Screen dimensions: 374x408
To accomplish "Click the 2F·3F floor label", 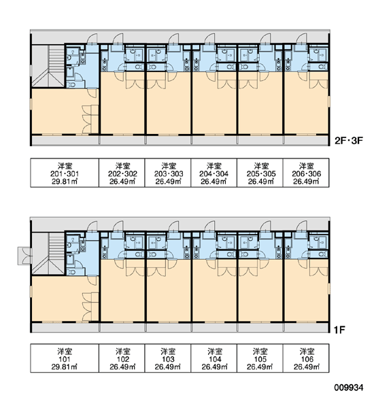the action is coord(348,141).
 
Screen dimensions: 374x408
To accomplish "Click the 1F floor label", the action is coord(339,330).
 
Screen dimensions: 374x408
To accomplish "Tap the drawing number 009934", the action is coord(348,388).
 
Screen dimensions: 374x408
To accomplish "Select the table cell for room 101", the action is coord(65,358).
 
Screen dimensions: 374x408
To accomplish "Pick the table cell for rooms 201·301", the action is coord(65,173).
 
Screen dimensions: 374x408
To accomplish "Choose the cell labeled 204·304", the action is coord(214,173).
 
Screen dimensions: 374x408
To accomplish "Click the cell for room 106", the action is coord(306,358).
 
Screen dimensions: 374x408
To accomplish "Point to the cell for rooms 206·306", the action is coord(306,173).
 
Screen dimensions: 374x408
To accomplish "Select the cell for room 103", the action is coord(168,358).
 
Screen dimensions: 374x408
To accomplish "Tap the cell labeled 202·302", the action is coord(122,173).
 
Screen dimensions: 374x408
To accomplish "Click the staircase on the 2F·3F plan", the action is coord(48,66).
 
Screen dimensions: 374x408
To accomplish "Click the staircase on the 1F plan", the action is coord(48,254).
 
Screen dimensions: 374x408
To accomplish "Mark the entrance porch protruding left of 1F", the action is coord(24,256).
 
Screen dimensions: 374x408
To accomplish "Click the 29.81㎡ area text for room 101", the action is coord(65,367).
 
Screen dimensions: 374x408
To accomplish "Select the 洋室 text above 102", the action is coord(123,352).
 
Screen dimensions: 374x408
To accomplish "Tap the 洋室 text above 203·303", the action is coord(169,166).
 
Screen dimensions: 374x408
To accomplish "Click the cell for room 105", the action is coord(260,358).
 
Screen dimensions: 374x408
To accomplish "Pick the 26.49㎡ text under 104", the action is coord(215,367).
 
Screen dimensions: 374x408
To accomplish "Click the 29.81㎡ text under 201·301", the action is coord(65,182).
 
